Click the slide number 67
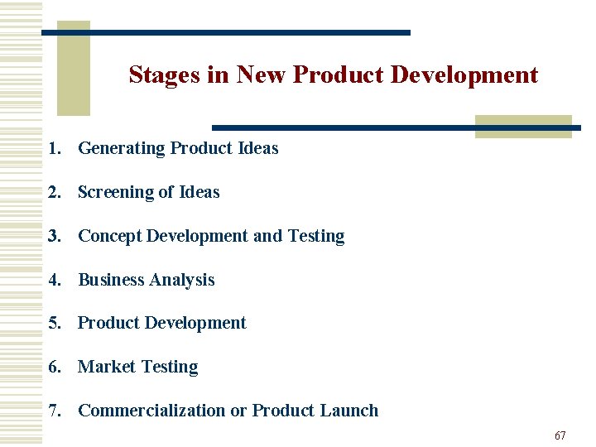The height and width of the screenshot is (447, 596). coord(560,435)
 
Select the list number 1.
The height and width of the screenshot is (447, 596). coord(54,149)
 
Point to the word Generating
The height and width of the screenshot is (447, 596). coord(122,149)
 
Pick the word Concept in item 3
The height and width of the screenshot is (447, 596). coord(110,236)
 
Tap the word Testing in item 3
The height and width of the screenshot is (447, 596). coord(316,236)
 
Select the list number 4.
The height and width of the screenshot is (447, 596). coord(54,280)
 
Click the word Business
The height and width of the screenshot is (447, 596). coord(111,280)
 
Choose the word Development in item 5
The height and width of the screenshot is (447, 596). coord(195,323)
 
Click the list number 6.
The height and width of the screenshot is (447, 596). coord(54,367)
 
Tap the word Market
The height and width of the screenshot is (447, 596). coord(103,367)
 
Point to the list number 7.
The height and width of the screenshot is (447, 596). coord(54,411)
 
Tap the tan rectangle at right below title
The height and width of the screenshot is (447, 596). coord(523,126)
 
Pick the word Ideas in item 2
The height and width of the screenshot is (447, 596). coord(199,193)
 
